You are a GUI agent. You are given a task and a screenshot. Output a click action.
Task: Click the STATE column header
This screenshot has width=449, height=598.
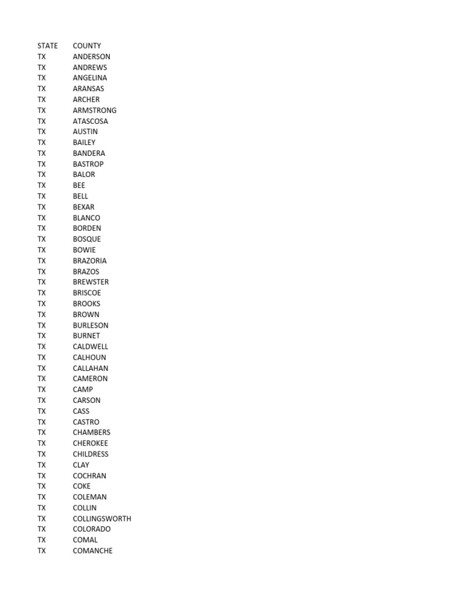pos(47,46)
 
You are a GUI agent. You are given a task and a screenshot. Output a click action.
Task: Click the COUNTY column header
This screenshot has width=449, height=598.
pos(87,46)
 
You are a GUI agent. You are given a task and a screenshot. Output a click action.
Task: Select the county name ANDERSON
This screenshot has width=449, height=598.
pos(91,57)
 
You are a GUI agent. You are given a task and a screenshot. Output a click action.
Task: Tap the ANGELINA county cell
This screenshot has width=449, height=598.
pos(90,78)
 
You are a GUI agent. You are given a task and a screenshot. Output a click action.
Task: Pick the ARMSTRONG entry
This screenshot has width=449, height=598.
pos(95,110)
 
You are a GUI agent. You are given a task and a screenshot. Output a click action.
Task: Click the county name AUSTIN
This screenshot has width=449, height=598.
pos(85,131)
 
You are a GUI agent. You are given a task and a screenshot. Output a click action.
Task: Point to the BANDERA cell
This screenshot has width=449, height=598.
pos(89,153)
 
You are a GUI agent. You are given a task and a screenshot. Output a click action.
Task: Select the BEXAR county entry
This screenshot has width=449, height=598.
pos(84,207)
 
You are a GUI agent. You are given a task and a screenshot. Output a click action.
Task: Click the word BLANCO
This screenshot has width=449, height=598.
pos(87,218)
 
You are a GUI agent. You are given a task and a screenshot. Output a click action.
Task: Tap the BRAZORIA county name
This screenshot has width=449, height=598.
pos(89,260)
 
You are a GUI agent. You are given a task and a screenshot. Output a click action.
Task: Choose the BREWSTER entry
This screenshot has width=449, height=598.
pos(91,282)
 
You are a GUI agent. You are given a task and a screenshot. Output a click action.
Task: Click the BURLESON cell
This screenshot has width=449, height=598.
pos(91,325)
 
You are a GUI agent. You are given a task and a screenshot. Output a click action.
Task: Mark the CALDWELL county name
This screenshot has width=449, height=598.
pos(91,346)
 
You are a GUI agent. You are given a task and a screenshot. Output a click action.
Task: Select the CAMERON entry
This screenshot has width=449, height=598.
pos(90,378)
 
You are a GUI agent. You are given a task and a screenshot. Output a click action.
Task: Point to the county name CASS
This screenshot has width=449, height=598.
pos(81,411)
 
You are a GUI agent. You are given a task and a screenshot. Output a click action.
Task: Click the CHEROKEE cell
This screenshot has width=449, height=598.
pos(91,443)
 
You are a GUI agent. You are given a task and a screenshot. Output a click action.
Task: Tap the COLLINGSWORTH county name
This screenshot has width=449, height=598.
pos(102,519)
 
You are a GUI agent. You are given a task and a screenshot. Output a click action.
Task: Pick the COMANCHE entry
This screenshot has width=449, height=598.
pos(92,551)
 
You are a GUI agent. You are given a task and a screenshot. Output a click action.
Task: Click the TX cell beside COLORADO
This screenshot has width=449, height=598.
pos(42,529)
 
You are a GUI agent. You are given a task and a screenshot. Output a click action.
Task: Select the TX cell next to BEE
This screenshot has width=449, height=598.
pos(42,185)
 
